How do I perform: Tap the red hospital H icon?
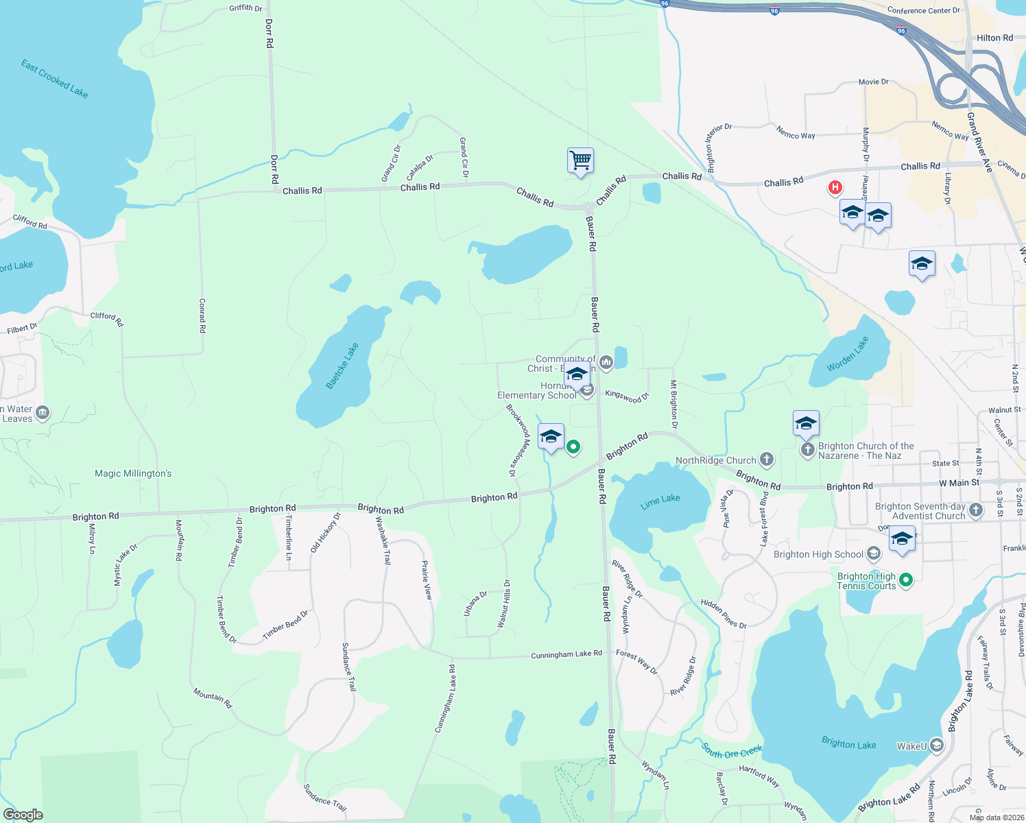click(835, 187)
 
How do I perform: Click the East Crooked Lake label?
click(54, 79)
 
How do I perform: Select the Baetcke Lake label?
click(342, 366)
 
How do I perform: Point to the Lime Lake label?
click(660, 501)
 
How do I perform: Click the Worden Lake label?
click(848, 354)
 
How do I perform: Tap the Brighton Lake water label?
click(848, 744)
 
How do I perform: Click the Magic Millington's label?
click(133, 473)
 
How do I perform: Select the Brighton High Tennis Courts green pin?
click(906, 580)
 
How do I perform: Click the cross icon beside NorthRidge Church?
click(767, 460)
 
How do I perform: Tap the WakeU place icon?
click(937, 746)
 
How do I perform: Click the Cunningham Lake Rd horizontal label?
click(566, 655)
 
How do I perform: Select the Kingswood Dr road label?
click(627, 396)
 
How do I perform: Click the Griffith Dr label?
click(246, 8)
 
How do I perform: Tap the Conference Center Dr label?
click(923, 10)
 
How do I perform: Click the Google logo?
click(23, 815)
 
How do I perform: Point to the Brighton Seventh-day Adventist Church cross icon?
click(976, 510)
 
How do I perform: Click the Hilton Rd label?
click(994, 38)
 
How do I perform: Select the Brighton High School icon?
click(873, 553)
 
